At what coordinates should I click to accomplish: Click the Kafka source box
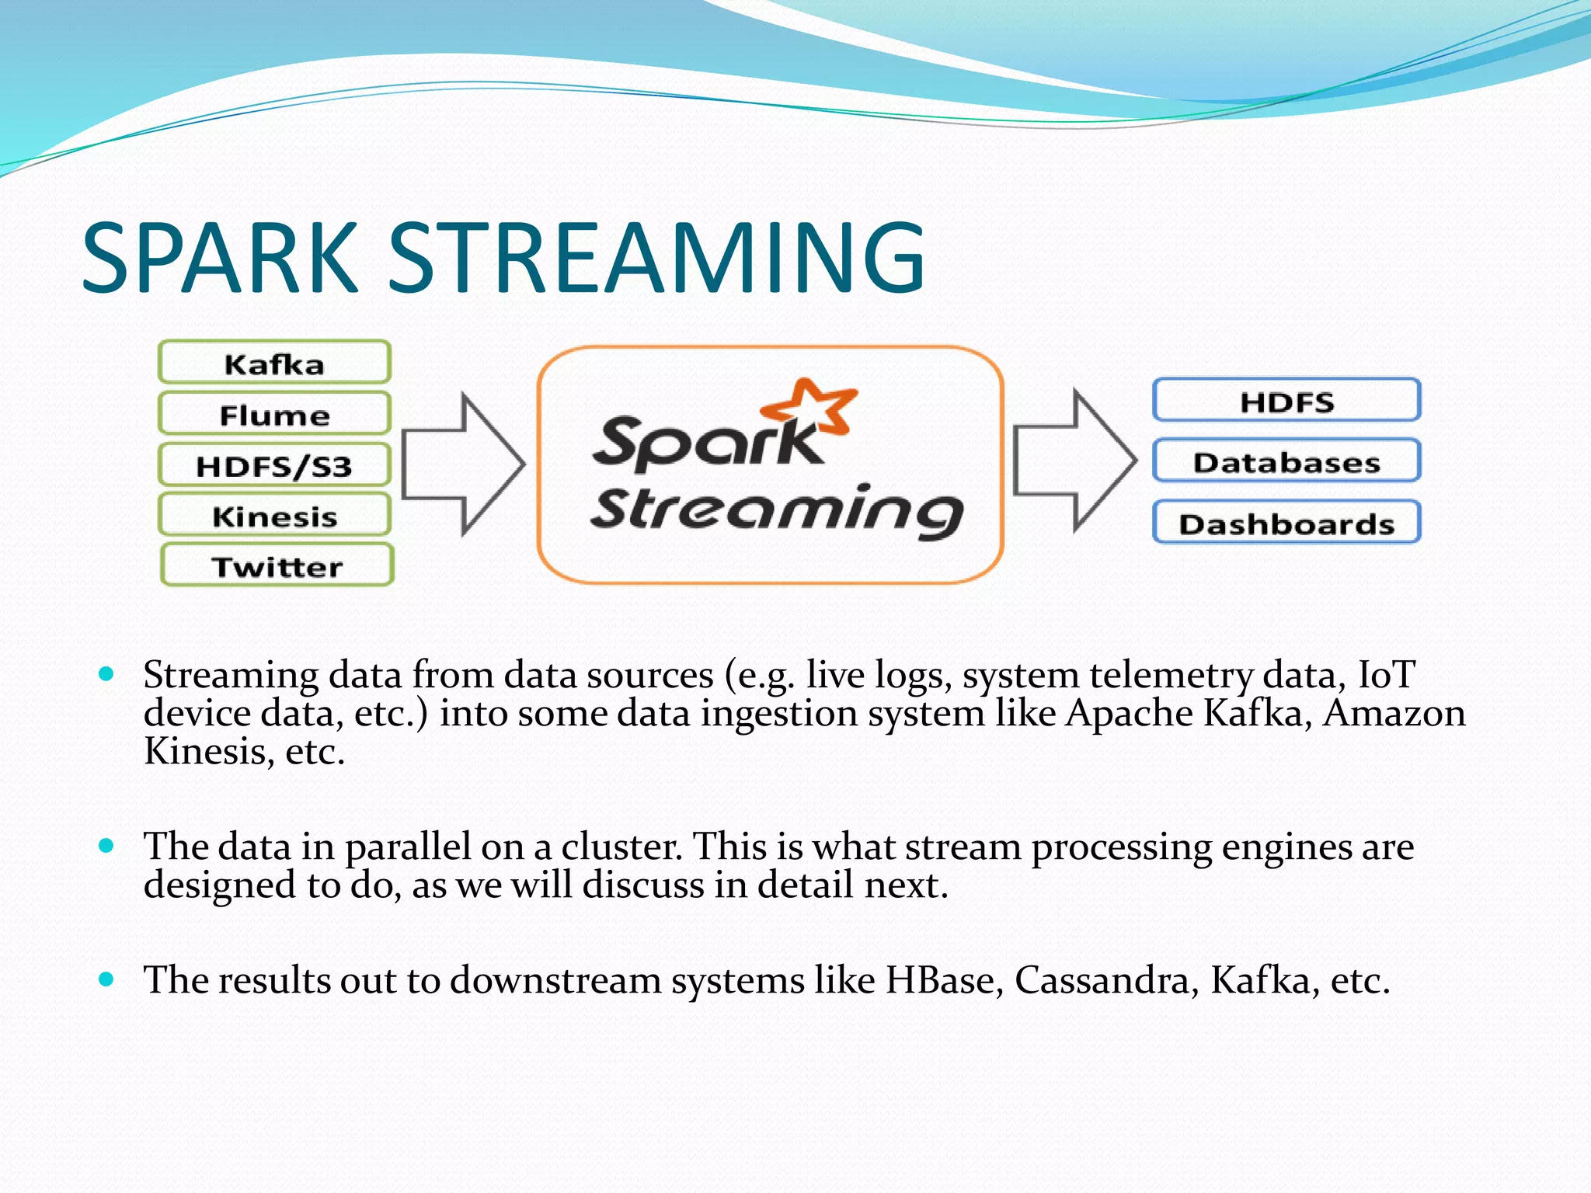pos(274,363)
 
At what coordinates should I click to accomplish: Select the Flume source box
pos(274,414)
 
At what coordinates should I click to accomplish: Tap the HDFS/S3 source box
pos(274,465)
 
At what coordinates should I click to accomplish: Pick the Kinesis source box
pos(274,516)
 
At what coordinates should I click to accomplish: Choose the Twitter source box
pos(277,565)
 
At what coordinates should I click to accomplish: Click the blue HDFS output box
pos(1286,401)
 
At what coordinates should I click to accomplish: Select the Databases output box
pos(1286,461)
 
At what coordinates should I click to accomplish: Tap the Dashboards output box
pos(1286,523)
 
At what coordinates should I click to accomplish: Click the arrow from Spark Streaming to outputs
pos(1074,461)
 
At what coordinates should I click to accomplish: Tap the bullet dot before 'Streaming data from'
pos(107,673)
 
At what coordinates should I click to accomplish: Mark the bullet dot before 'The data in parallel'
pos(107,845)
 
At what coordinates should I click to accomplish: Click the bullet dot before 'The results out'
pos(107,979)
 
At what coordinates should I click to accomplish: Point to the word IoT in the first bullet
pos(1386,674)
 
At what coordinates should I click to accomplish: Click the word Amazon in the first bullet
pos(1394,713)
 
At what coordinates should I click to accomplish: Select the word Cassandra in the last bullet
pos(1102,980)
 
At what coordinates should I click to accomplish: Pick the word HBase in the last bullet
pos(940,980)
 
